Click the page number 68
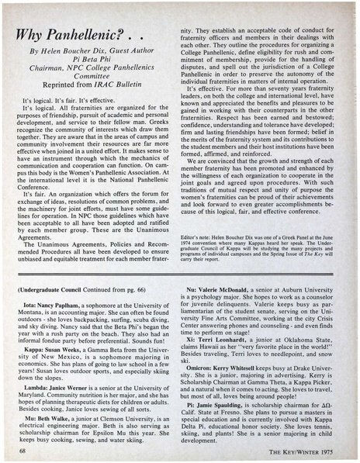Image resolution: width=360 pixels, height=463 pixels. coord(22,448)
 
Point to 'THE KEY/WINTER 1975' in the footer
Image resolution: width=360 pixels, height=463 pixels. coord(305,448)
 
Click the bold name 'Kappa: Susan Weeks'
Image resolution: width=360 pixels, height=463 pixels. coord(56,333)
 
